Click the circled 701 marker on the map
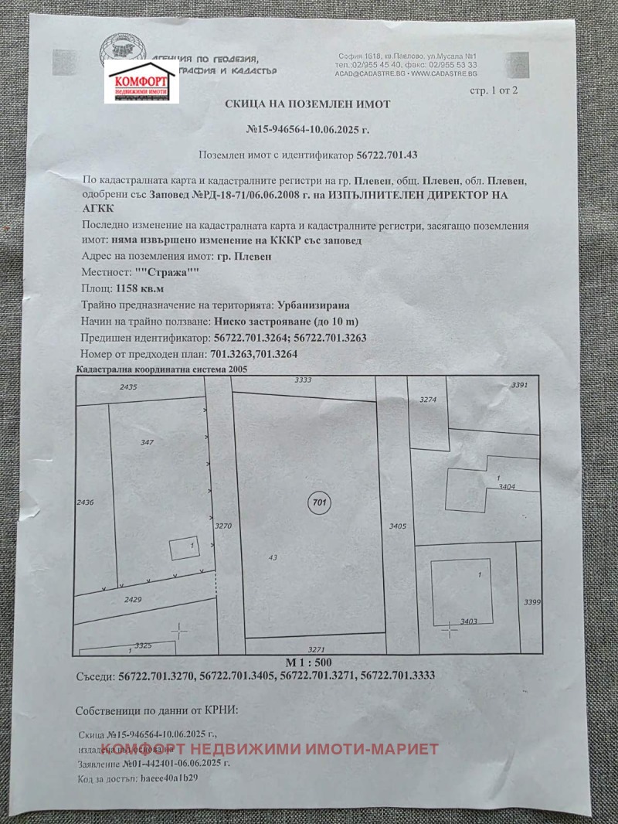(x=317, y=502)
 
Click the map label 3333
(x=304, y=380)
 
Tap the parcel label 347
(x=148, y=442)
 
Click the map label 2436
(x=85, y=502)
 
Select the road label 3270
(x=223, y=526)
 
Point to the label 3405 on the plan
(x=398, y=526)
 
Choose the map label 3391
(x=519, y=385)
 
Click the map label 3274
(x=428, y=400)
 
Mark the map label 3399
(x=531, y=601)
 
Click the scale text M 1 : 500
(x=308, y=662)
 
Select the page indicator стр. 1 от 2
(x=494, y=90)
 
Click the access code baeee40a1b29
(x=165, y=778)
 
